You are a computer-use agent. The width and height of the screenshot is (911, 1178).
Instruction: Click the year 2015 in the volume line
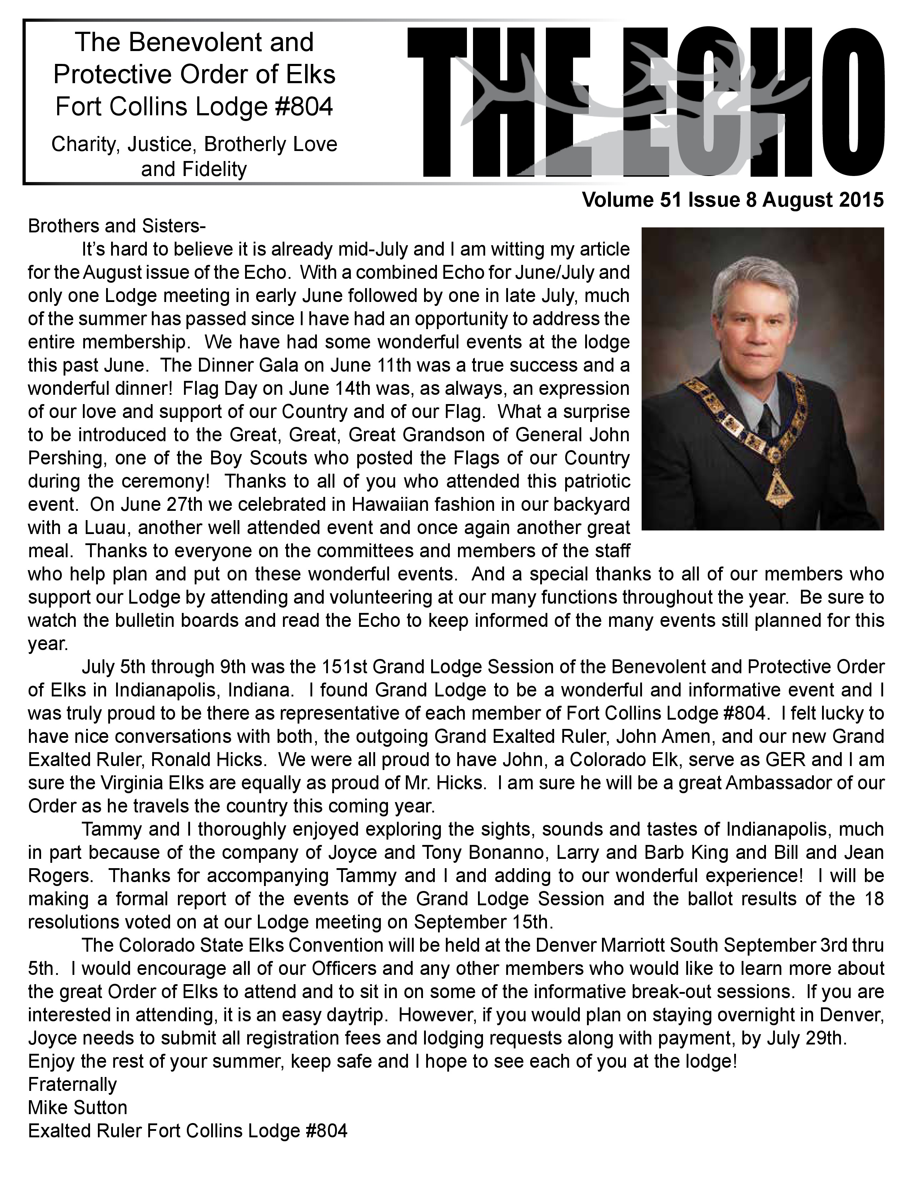(x=862, y=200)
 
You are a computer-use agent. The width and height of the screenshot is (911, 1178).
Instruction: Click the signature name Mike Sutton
(x=78, y=1107)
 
